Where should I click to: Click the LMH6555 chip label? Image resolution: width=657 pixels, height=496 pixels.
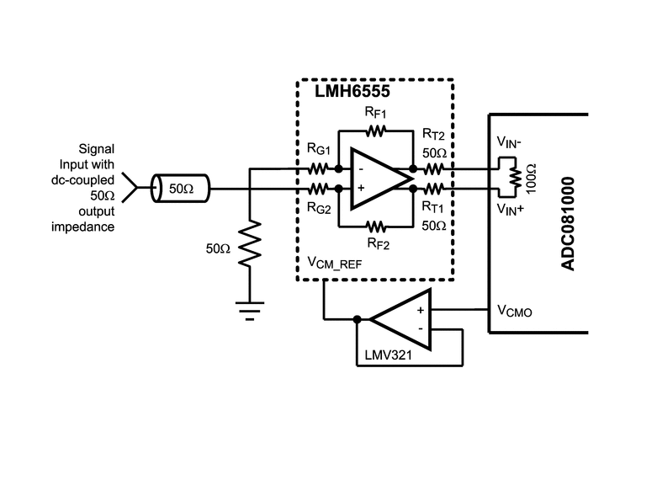coord(352,91)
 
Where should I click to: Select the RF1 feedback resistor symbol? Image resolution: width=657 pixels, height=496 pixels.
coord(375,131)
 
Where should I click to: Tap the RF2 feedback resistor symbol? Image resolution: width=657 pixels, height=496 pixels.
coord(376,227)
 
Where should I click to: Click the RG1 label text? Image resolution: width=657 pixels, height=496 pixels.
coord(319,149)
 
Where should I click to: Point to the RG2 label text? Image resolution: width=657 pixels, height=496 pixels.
coord(319,207)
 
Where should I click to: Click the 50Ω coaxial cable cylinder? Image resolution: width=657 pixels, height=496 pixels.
coord(180,189)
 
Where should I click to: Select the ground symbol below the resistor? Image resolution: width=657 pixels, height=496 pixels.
coord(250,311)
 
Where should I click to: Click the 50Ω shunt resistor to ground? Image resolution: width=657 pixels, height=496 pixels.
coord(250,243)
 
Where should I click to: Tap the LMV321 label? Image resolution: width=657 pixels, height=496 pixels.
coord(389,355)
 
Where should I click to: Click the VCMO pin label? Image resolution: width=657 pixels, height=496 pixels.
coord(515,311)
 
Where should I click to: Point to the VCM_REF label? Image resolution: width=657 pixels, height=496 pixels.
coord(334,263)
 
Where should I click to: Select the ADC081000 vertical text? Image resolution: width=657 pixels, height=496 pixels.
coord(568,224)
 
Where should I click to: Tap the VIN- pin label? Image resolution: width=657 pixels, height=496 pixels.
coord(509,142)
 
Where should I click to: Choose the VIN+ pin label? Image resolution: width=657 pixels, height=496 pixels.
coord(511,208)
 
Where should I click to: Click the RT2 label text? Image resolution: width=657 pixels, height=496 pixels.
coord(433,135)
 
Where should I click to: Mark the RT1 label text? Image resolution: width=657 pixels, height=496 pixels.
coord(433,207)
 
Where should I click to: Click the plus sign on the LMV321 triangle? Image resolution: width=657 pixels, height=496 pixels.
coord(421,310)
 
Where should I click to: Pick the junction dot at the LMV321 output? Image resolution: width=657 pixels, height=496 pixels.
coord(357,319)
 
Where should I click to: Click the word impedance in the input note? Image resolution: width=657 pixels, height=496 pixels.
coord(83,227)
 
